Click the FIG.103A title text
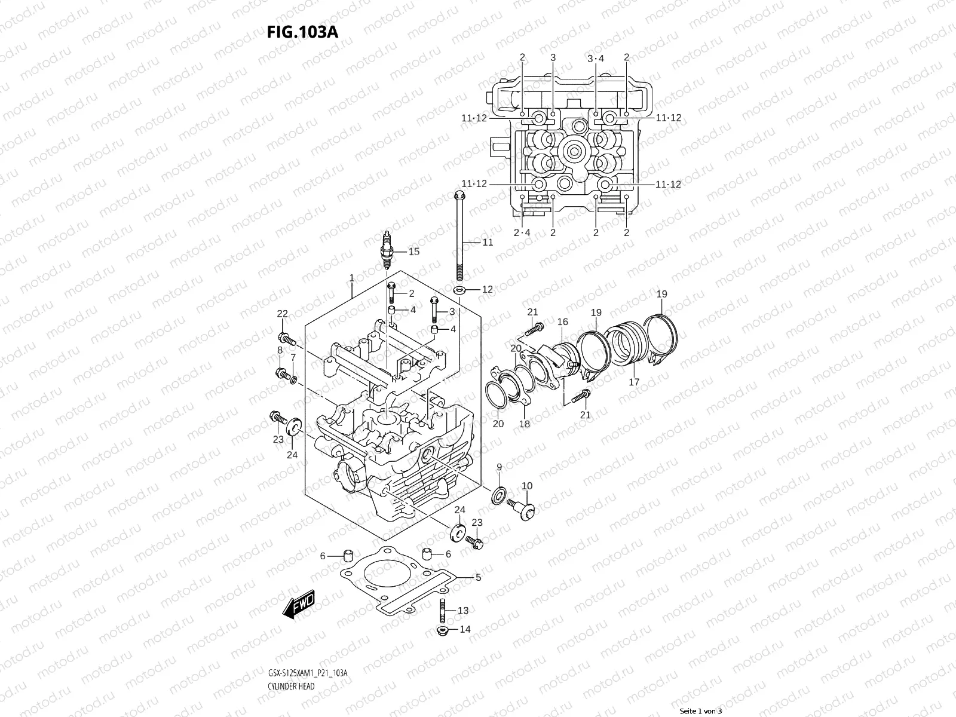(302, 32)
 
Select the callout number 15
(413, 252)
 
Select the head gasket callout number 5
(478, 577)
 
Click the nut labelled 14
(443, 630)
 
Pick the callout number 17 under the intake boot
(634, 382)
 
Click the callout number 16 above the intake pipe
(562, 322)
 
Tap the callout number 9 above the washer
(499, 467)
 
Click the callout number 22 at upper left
(282, 314)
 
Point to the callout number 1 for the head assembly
(352, 278)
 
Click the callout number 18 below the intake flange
(524, 424)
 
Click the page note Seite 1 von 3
(701, 711)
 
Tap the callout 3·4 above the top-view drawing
(596, 58)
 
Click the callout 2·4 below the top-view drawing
(522, 232)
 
